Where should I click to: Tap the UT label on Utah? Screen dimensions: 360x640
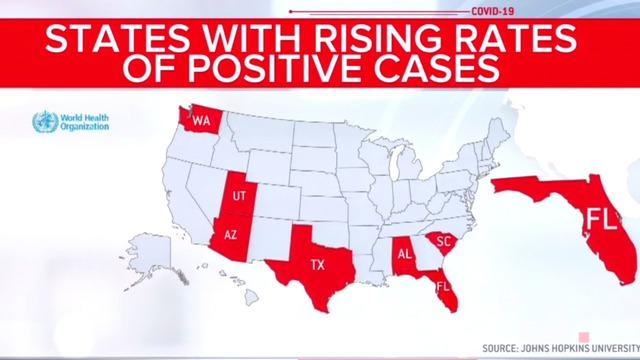[238, 195]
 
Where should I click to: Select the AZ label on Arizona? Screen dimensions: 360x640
[231, 236]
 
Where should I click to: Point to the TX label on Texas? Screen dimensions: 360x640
[317, 265]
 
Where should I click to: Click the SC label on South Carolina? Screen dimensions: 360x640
[445, 241]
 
